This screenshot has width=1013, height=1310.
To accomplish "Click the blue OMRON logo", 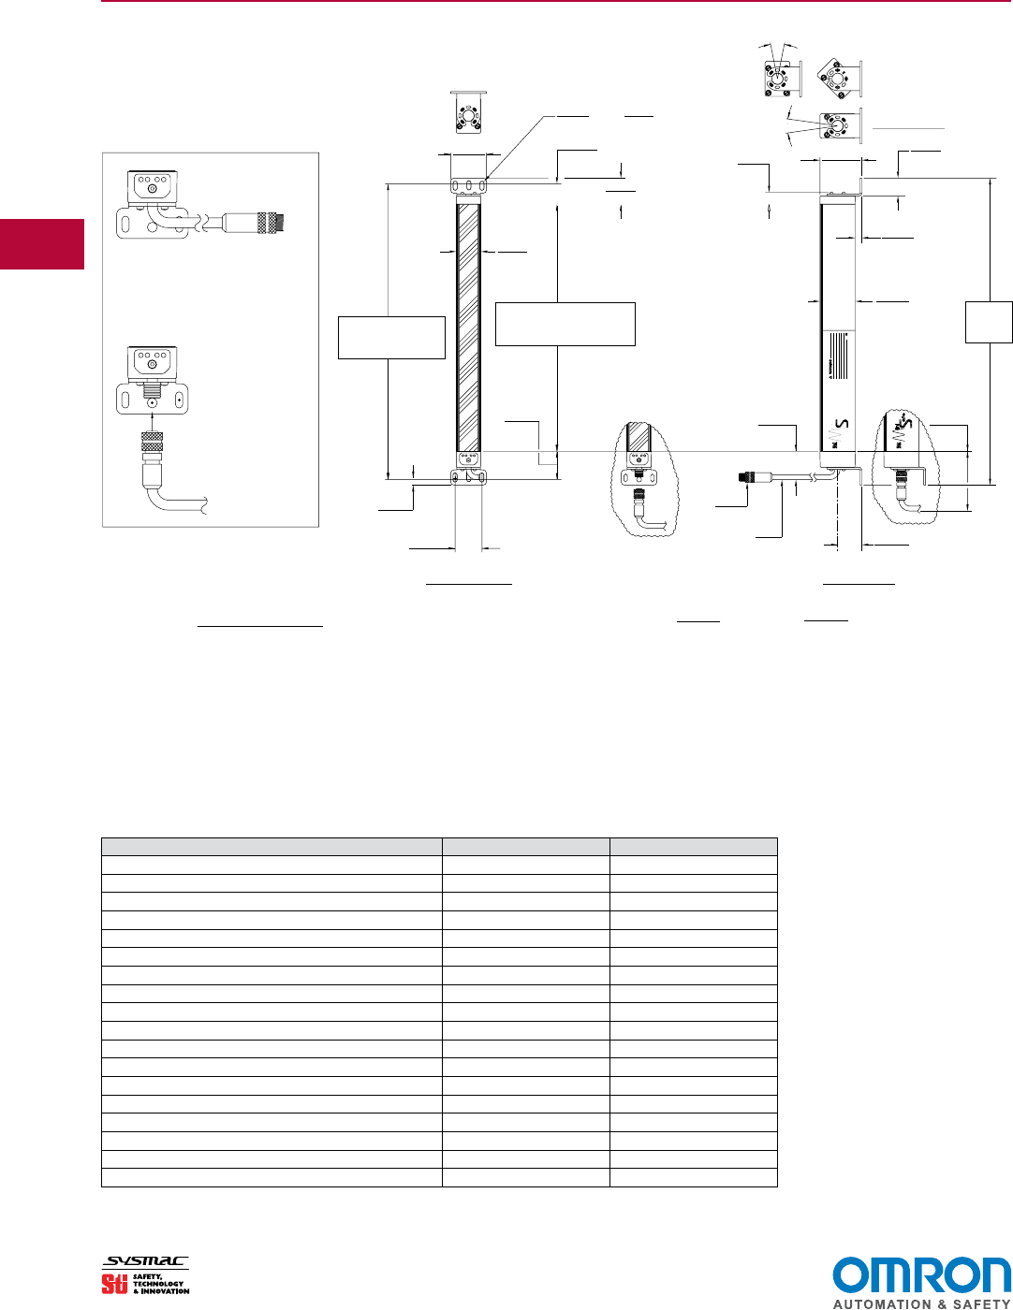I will [x=921, y=1276].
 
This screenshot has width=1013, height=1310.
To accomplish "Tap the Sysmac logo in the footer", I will [x=146, y=1262].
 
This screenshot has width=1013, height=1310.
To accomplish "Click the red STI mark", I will [x=114, y=1284].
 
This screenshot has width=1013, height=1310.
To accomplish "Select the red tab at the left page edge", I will [x=42, y=244].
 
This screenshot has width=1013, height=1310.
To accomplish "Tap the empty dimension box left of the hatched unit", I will [x=391, y=338].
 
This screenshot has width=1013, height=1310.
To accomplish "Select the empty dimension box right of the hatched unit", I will [x=565, y=324].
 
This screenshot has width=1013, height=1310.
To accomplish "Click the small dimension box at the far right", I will [x=989, y=322].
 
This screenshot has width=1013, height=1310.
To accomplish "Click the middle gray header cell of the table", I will [x=525, y=847].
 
